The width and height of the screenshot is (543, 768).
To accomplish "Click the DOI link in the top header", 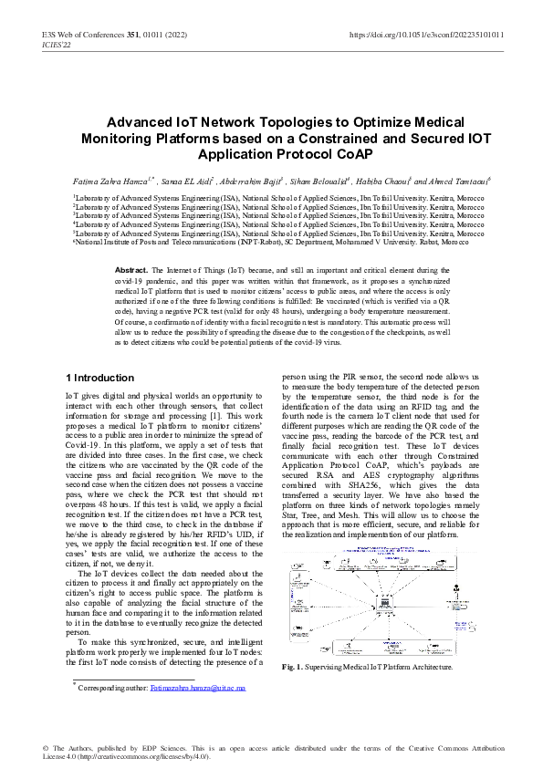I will coord(427,35).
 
